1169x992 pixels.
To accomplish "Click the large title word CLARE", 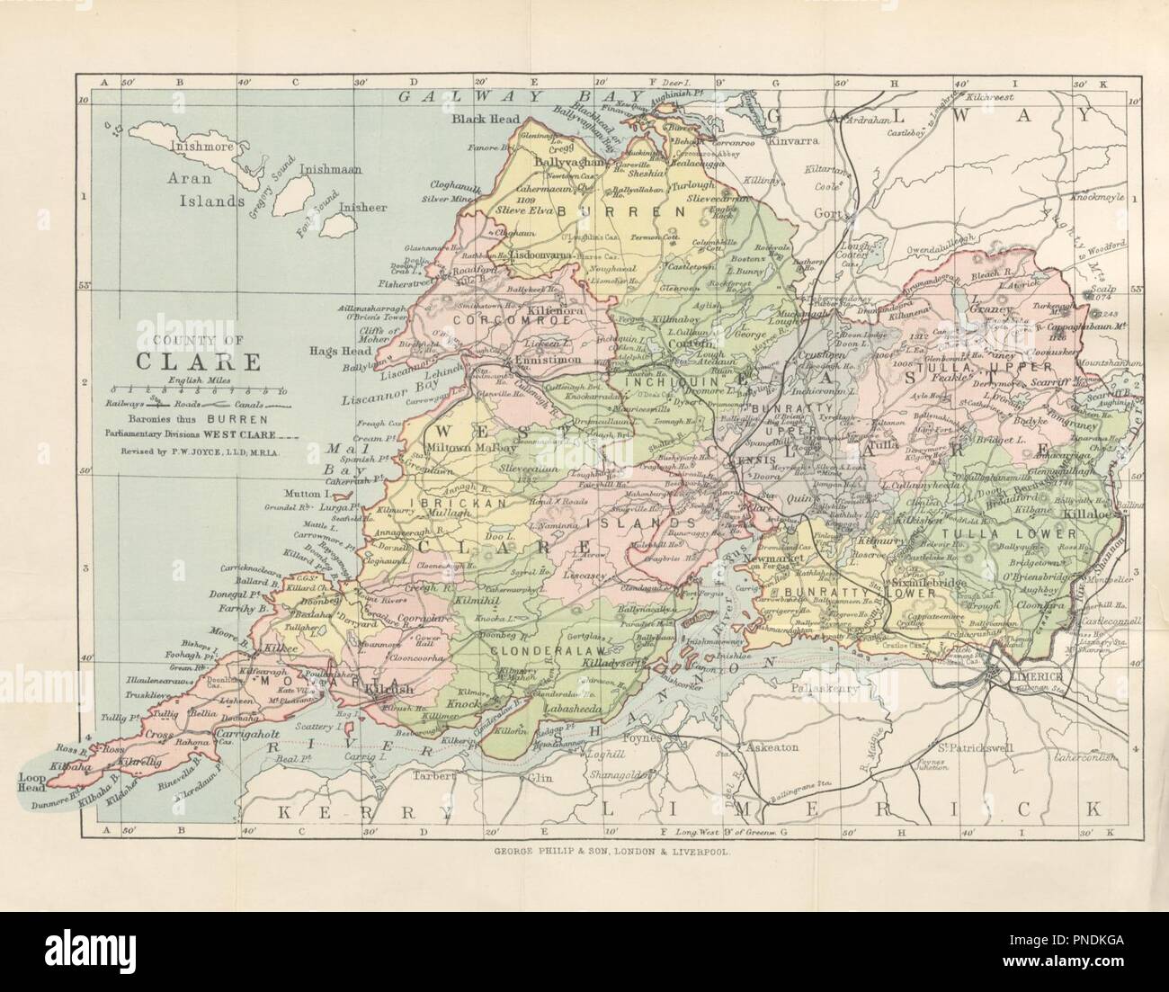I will [x=199, y=361].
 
